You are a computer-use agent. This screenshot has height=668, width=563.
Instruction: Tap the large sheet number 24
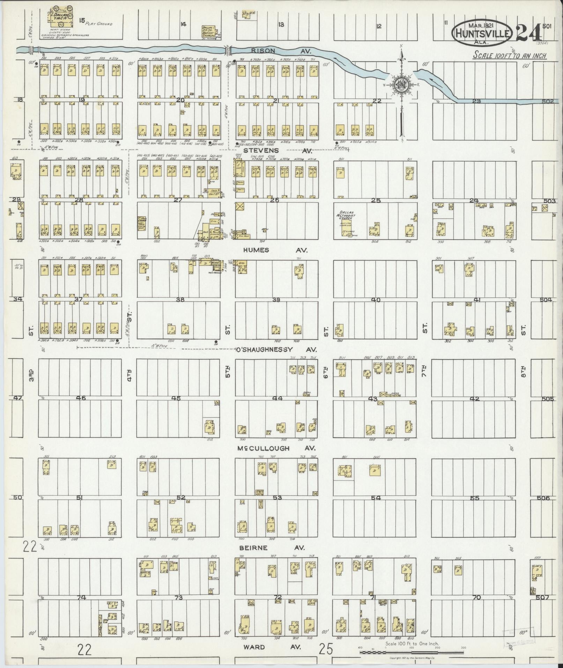pos(528,33)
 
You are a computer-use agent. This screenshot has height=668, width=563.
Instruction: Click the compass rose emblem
pos(401,84)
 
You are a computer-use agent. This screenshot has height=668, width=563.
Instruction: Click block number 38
pos(180,299)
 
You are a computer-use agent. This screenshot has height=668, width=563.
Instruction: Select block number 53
pos(277,497)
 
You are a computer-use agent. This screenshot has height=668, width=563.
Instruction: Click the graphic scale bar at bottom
pos(412,652)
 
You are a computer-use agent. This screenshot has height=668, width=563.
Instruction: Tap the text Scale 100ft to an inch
pos(509,56)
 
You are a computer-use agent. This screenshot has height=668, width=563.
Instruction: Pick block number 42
pos(475,398)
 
